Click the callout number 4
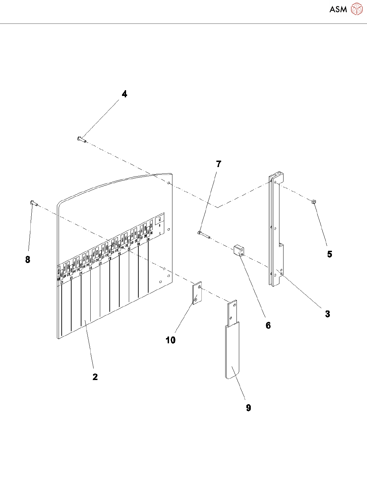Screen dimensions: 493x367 click(x=125, y=94)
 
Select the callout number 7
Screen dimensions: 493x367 click(x=219, y=164)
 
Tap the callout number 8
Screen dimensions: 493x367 click(x=28, y=260)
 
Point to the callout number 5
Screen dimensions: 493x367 click(x=330, y=254)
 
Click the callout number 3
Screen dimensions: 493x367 click(x=327, y=314)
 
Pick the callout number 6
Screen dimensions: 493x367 click(x=268, y=326)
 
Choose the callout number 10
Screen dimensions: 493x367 click(x=170, y=340)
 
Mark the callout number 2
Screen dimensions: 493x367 click(x=95, y=377)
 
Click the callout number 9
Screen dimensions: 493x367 click(x=248, y=408)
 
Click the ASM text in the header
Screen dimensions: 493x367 click(x=338, y=9)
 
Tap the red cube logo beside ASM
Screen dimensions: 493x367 click(x=357, y=9)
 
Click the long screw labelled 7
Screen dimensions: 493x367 click(x=204, y=235)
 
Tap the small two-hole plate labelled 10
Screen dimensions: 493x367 click(x=197, y=293)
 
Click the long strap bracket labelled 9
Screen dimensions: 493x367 click(x=232, y=347)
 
